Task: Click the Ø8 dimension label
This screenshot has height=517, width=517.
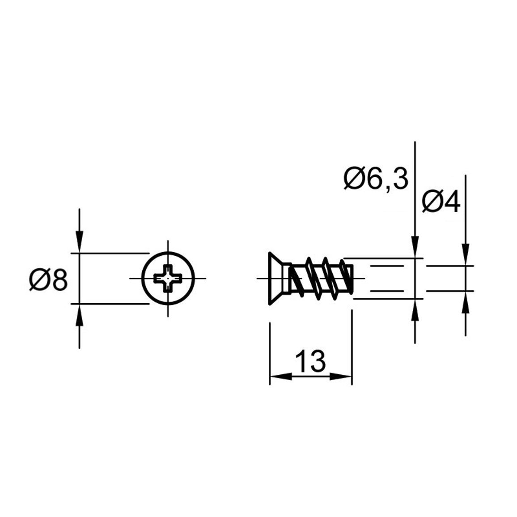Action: tap(49, 280)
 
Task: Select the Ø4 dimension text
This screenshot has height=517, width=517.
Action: tap(441, 202)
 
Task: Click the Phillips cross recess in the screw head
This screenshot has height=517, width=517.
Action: tap(168, 278)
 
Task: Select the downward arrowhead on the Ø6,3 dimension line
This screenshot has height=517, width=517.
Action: tap(415, 247)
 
